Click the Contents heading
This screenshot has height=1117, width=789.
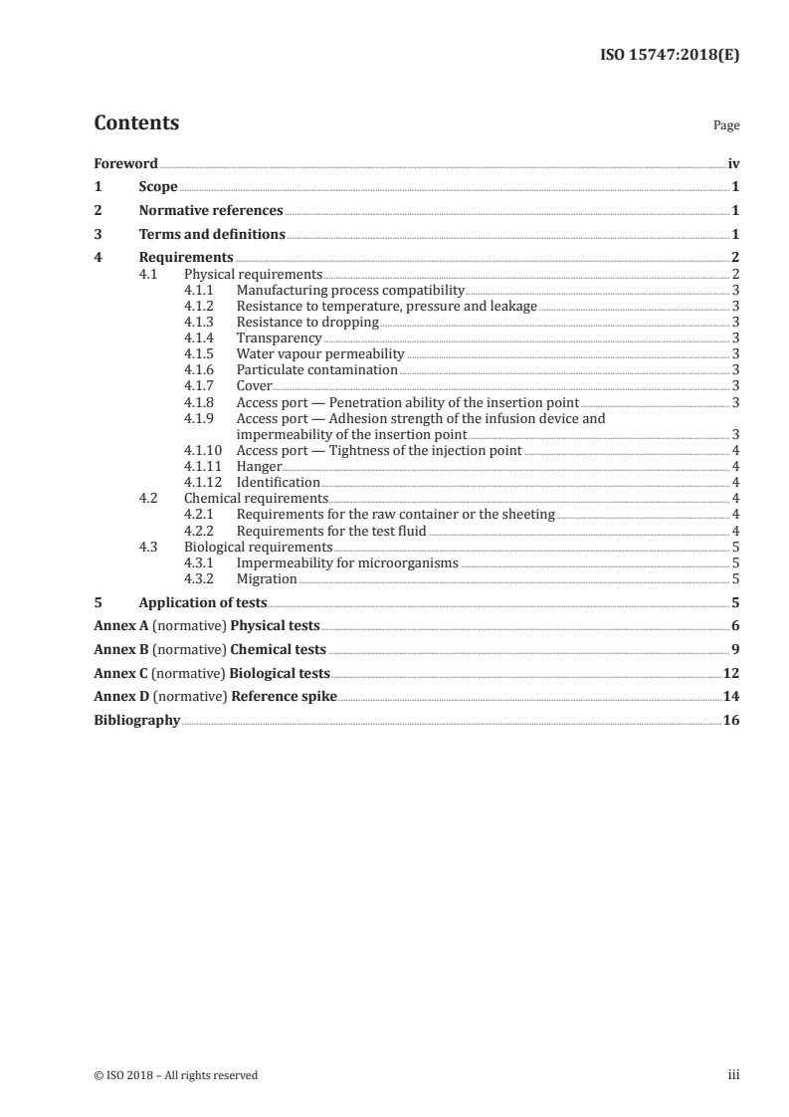(136, 123)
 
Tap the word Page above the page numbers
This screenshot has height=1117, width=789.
(726, 126)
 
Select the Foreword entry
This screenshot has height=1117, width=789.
(125, 163)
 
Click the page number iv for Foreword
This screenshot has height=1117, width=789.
(733, 163)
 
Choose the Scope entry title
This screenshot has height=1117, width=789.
(158, 187)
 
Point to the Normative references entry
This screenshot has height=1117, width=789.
(211, 211)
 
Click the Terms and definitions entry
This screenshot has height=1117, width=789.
(212, 235)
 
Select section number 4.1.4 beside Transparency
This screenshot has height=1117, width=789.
(200, 338)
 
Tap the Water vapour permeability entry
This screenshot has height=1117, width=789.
(319, 353)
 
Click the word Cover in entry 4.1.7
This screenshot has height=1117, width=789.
(254, 385)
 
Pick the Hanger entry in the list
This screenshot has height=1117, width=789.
(259, 466)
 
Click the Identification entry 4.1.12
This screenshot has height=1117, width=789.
(278, 482)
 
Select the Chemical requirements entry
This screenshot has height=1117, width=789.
(256, 498)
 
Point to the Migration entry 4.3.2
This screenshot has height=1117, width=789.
(267, 578)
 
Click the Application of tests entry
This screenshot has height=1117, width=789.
(203, 602)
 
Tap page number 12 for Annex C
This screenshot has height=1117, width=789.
(731, 674)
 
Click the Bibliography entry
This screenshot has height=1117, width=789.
(136, 721)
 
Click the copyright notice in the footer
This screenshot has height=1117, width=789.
(175, 1075)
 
